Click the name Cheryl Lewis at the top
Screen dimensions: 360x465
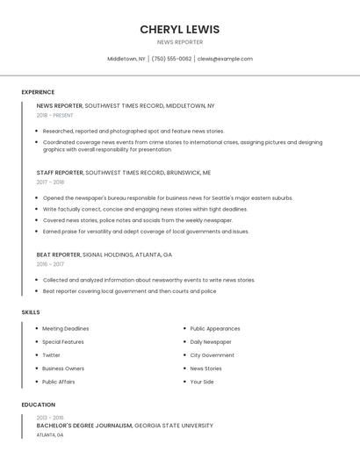coord(179,29)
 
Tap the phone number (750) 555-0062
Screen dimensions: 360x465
coord(171,59)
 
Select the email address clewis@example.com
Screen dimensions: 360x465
coord(225,59)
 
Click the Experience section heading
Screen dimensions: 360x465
coord(38,92)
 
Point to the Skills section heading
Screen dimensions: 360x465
coord(31,312)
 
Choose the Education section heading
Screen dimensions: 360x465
coord(38,404)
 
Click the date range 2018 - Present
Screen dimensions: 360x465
coord(54,115)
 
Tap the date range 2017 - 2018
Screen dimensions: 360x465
coord(50,182)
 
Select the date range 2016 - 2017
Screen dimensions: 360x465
coord(50,264)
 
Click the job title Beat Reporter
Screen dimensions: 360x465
coord(58,254)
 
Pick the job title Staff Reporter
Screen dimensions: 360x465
coord(60,173)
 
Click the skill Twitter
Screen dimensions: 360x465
coord(51,355)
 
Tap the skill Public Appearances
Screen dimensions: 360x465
coord(215,328)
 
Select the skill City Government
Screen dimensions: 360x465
coord(212,355)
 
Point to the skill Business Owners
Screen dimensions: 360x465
coord(63,368)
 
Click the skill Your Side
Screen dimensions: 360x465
coord(202,382)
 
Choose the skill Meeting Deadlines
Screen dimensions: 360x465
coord(65,328)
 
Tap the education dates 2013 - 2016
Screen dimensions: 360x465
coord(50,418)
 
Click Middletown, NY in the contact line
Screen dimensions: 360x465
coord(126,59)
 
